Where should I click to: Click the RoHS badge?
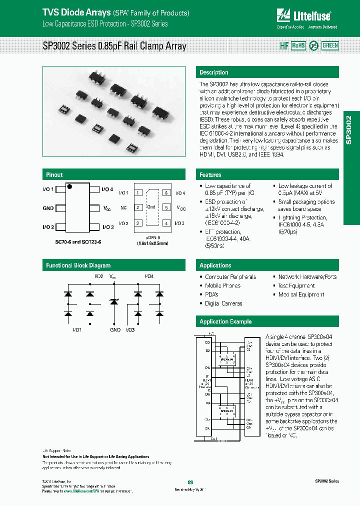[298, 45]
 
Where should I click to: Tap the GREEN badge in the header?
[330, 45]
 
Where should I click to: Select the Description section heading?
[214, 72]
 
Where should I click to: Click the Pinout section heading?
[54, 174]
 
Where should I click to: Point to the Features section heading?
[210, 174]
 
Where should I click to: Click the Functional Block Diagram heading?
[78, 265]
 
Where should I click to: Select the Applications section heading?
[215, 265]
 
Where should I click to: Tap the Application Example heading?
[225, 321]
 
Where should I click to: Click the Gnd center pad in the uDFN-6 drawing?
[151, 207]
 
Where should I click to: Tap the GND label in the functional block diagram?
[115, 330]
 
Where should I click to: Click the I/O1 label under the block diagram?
[78, 330]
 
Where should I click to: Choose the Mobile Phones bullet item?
[222, 285]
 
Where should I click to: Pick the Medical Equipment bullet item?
[301, 294]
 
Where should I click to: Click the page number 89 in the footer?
[190, 482]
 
